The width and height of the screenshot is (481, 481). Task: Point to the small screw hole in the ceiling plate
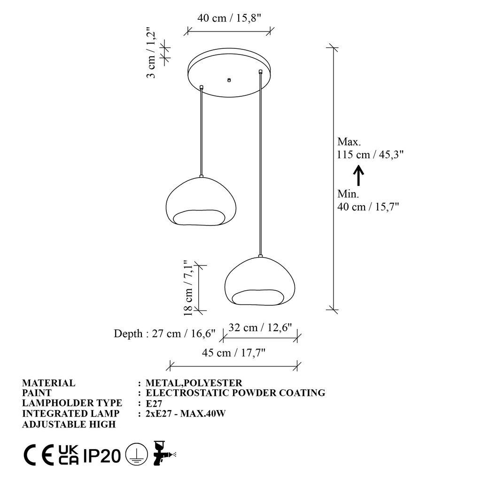pyautogui.click(x=229, y=80)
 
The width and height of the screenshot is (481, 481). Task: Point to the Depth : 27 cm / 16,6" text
pyautogui.click(x=165, y=334)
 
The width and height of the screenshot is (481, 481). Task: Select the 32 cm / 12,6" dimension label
pyautogui.click(x=260, y=327)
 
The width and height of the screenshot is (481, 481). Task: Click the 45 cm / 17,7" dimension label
pyautogui.click(x=233, y=353)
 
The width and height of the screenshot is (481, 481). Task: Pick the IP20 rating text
pyautogui.click(x=102, y=455)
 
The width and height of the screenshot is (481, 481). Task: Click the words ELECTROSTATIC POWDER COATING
pyautogui.click(x=236, y=393)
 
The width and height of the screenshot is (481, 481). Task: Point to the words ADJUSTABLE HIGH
pyautogui.click(x=69, y=424)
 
